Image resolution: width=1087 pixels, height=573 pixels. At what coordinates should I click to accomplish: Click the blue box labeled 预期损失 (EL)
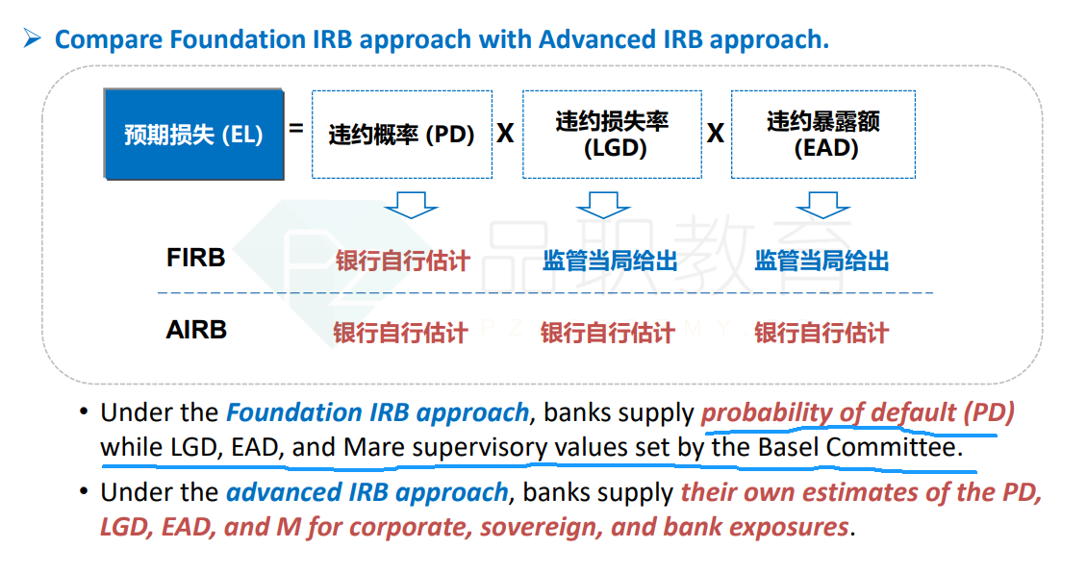coord(193,134)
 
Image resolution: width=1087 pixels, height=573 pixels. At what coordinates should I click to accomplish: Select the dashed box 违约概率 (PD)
coord(402,135)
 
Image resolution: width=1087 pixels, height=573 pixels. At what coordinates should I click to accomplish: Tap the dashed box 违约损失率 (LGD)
coord(612,135)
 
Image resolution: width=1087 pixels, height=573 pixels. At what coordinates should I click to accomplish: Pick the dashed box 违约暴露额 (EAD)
coord(823,135)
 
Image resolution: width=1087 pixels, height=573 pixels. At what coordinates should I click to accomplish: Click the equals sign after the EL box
coord(296,128)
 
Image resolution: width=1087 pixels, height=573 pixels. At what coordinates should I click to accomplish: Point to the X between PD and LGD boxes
coord(505,133)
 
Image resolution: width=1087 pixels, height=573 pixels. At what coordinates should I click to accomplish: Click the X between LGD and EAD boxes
coord(716,133)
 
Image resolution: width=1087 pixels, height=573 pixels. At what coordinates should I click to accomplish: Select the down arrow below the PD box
coord(411,205)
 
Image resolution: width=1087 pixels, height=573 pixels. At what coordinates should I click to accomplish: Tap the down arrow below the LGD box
coord(604,205)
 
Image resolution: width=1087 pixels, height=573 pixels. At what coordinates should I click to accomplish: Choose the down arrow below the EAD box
coord(822,205)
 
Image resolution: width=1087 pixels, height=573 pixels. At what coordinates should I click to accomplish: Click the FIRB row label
coord(195,258)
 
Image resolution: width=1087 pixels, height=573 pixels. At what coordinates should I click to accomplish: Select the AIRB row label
coord(196,330)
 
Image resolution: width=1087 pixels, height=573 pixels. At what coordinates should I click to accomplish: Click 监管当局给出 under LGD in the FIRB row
coord(610,261)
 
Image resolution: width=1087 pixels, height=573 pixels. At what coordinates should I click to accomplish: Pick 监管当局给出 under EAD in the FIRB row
coord(822,261)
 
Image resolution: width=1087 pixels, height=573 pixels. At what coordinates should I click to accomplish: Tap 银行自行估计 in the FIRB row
coord(403,261)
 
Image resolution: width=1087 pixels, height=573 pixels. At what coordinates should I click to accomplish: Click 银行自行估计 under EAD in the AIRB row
coord(822,333)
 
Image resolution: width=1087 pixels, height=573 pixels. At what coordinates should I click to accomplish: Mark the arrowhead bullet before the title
coord(32,38)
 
